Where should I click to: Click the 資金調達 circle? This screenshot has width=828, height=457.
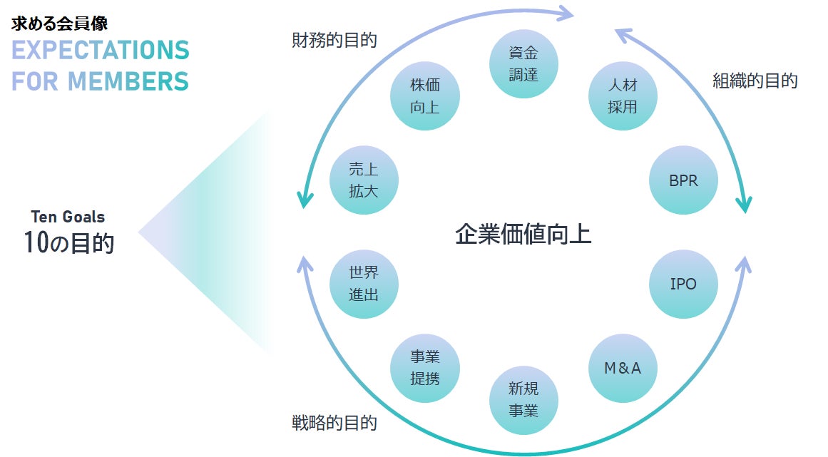523,63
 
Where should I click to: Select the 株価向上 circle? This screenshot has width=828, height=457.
425,96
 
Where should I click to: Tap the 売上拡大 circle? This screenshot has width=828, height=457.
364,180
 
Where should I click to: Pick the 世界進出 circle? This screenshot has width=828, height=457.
364,284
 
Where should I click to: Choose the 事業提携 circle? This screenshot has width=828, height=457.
425,369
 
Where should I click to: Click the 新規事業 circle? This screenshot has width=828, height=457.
523,399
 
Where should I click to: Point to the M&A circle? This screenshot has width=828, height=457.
623,369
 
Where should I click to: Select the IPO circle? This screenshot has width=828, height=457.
683,284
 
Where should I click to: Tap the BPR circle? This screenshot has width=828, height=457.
683,180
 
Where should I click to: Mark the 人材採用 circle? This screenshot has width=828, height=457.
623,96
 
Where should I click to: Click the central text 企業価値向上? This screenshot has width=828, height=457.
523,234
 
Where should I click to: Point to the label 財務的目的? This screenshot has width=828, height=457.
334,40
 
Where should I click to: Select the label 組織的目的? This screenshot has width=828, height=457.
755,81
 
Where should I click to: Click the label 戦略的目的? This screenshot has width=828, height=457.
334,423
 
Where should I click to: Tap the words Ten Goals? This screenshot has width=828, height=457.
68,217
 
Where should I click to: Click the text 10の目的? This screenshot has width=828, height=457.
68,243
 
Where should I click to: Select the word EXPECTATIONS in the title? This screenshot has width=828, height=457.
101,51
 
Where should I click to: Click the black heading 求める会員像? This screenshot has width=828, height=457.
60,23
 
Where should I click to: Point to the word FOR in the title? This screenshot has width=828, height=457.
35,81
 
